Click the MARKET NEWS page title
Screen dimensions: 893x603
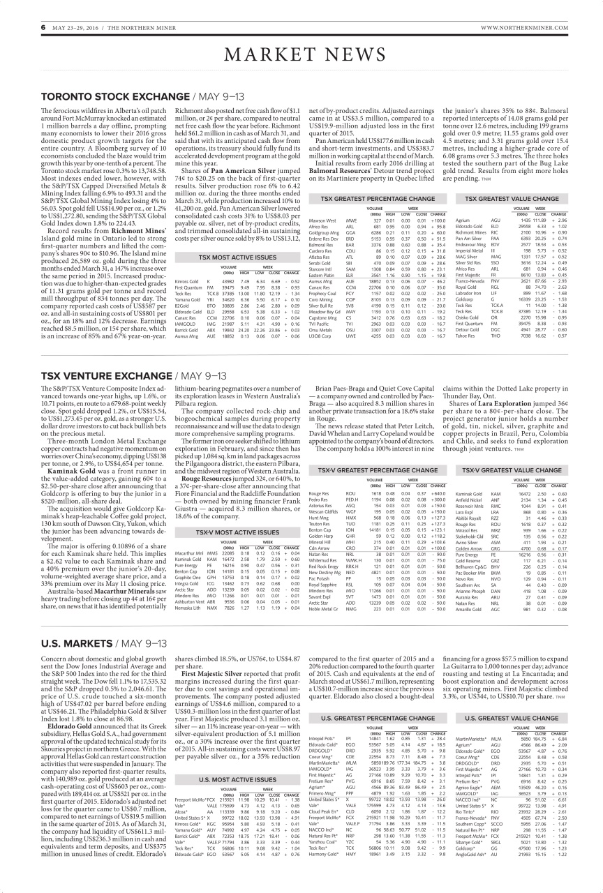click(301, 55)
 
